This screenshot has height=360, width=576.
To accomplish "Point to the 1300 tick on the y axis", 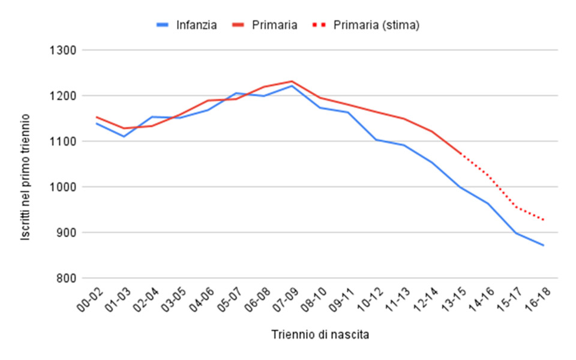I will coord(63,50).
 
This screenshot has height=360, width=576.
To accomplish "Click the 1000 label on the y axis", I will coord(63,187).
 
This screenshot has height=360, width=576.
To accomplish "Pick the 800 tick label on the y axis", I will coord(65,278).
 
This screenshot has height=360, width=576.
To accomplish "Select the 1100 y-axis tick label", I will coord(63,142).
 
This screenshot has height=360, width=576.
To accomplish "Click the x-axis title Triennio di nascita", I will coord(320,335).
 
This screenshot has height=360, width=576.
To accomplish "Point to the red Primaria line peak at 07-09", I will coord(292,81).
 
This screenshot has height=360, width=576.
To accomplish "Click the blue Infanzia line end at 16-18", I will coord(544,245).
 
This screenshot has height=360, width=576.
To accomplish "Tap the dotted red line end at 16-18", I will coord(544,220).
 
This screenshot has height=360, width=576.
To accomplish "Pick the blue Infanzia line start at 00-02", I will coord(96,124).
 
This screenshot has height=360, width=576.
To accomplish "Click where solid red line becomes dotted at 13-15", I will coord(460,154).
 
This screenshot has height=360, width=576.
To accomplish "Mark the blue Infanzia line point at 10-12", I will coord(376,140).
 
